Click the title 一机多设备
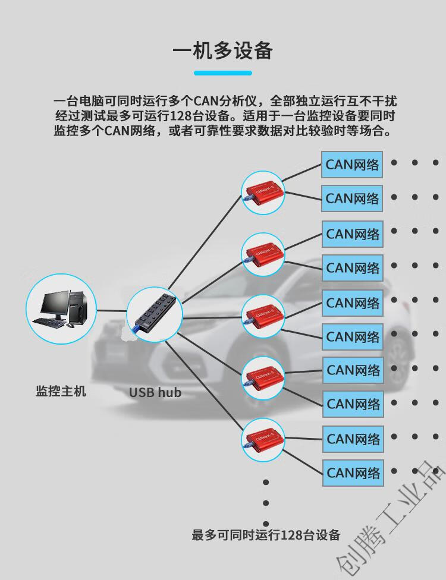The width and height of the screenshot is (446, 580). click(x=223, y=51)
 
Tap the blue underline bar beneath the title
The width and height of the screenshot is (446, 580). click(x=223, y=73)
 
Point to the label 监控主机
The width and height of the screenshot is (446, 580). click(x=61, y=391)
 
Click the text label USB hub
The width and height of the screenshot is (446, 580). click(x=155, y=392)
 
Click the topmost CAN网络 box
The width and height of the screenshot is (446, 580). click(x=352, y=165)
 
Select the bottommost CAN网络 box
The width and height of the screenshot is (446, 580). click(x=353, y=473)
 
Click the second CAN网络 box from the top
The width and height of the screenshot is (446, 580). click(x=352, y=198)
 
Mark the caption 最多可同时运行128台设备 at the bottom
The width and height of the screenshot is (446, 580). click(x=266, y=535)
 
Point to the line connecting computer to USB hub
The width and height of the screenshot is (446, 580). click(x=111, y=310)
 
